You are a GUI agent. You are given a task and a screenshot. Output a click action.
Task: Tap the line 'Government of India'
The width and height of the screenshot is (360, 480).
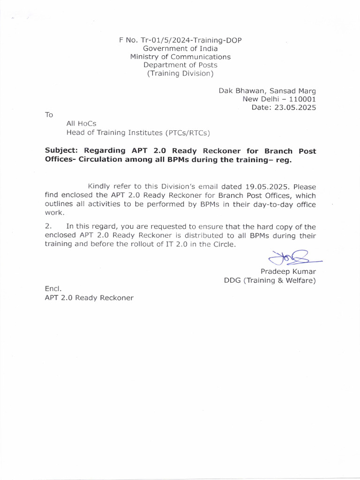180,48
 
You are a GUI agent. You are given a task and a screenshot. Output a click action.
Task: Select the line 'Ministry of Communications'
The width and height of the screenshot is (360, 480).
180,57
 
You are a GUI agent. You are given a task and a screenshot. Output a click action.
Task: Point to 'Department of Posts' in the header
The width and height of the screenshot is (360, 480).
180,65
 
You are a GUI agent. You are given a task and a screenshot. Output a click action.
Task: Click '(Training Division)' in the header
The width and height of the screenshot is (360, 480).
180,74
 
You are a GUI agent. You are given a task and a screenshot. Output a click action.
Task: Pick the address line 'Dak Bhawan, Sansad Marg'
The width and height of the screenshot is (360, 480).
267,90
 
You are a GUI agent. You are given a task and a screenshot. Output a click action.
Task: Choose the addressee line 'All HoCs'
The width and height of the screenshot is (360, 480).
81,124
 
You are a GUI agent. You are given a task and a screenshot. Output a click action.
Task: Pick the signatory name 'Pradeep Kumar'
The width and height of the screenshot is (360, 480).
288,272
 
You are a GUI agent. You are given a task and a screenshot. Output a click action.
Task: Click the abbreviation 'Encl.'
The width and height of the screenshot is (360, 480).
52,289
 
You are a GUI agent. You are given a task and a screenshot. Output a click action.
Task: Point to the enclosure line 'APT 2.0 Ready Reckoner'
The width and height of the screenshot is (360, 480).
89,298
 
